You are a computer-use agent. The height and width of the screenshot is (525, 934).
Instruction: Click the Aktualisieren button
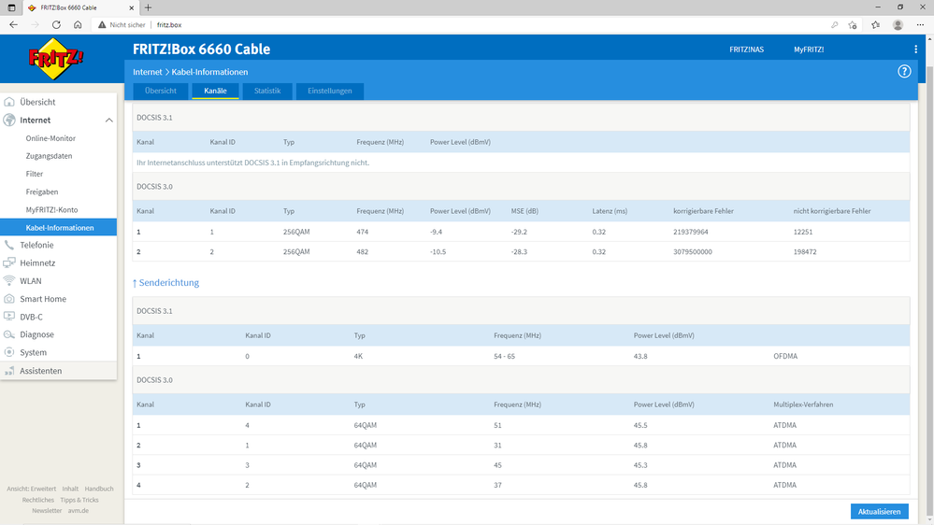click(879, 511)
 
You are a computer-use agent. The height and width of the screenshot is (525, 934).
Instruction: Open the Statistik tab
click(267, 91)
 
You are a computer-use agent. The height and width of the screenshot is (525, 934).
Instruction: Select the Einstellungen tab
click(329, 91)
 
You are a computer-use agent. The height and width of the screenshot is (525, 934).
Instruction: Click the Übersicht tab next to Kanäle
click(161, 91)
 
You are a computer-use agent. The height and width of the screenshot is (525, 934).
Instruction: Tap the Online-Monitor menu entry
click(50, 138)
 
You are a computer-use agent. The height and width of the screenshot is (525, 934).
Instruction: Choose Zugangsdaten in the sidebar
click(49, 156)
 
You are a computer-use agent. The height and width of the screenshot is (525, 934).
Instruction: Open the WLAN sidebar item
click(31, 280)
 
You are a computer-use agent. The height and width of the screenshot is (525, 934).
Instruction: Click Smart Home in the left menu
click(43, 299)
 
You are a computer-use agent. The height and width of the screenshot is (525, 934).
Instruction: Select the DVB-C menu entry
click(33, 317)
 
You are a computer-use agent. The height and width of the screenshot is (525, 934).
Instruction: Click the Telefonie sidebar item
click(37, 245)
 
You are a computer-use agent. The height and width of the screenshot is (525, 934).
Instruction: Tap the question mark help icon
click(904, 71)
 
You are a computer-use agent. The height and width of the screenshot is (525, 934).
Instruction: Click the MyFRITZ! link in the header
click(809, 50)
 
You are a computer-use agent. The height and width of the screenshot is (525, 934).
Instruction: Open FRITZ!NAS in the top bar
click(746, 50)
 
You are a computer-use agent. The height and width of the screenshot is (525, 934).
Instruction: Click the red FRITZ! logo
click(57, 60)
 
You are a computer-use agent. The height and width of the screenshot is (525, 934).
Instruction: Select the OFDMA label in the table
click(786, 356)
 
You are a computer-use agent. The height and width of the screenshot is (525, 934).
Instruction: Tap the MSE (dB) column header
click(525, 211)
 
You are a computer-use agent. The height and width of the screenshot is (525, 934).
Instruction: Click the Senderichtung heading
click(165, 282)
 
